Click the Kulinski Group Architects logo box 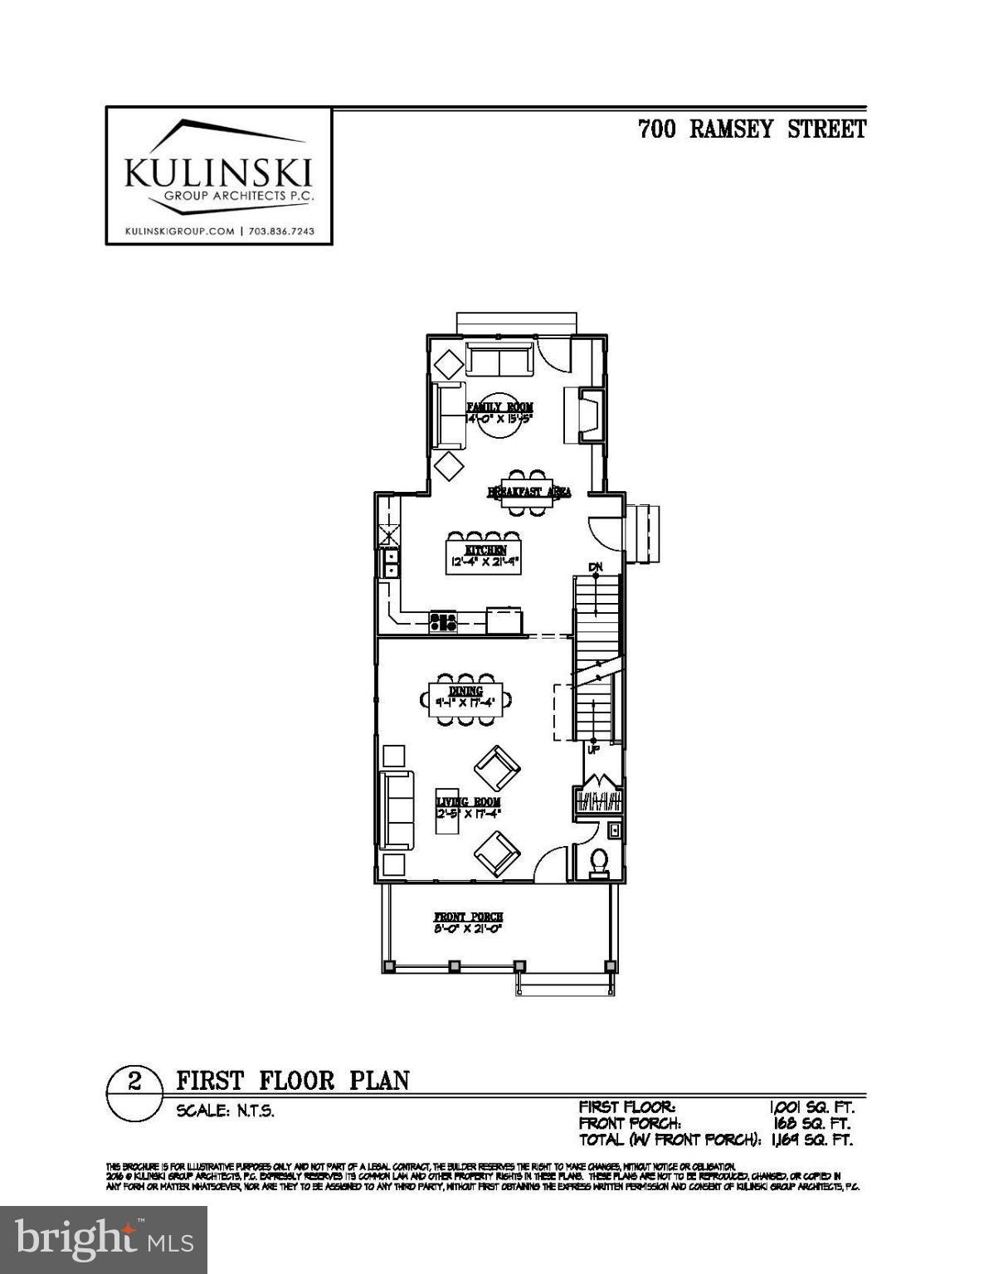[x=219, y=176]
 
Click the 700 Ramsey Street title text [x=752, y=129]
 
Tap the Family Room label [x=499, y=407]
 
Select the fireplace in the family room [x=588, y=415]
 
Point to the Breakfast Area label [x=529, y=492]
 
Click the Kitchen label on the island [x=485, y=551]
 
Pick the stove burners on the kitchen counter [x=443, y=621]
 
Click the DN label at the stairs [x=596, y=566]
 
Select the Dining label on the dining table [x=465, y=692]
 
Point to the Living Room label [x=469, y=802]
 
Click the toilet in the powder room [x=597, y=863]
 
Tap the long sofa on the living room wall [x=397, y=810]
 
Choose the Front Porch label [x=469, y=917]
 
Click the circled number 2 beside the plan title [x=135, y=1082]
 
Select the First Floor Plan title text [x=293, y=1081]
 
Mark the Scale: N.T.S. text [x=225, y=1111]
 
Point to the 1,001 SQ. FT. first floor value [x=811, y=1106]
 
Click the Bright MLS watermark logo [x=104, y=1240]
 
